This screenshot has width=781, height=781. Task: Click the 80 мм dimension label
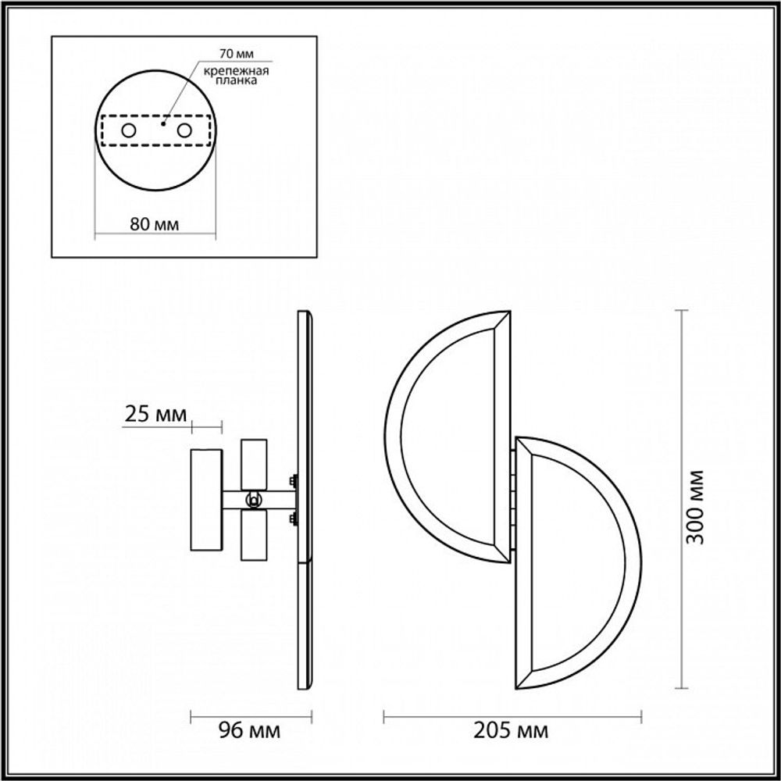(155, 225)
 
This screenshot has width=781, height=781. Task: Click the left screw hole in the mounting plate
(127, 130)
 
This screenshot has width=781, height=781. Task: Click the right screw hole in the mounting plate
(184, 130)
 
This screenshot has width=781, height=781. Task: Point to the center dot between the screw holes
(163, 123)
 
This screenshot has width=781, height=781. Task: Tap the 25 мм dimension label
(156, 415)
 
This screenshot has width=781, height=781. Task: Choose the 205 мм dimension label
(512, 731)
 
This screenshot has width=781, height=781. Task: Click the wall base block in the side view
(207, 500)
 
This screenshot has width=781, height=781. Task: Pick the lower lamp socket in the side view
(254, 536)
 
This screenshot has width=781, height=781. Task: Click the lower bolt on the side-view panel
(293, 518)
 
